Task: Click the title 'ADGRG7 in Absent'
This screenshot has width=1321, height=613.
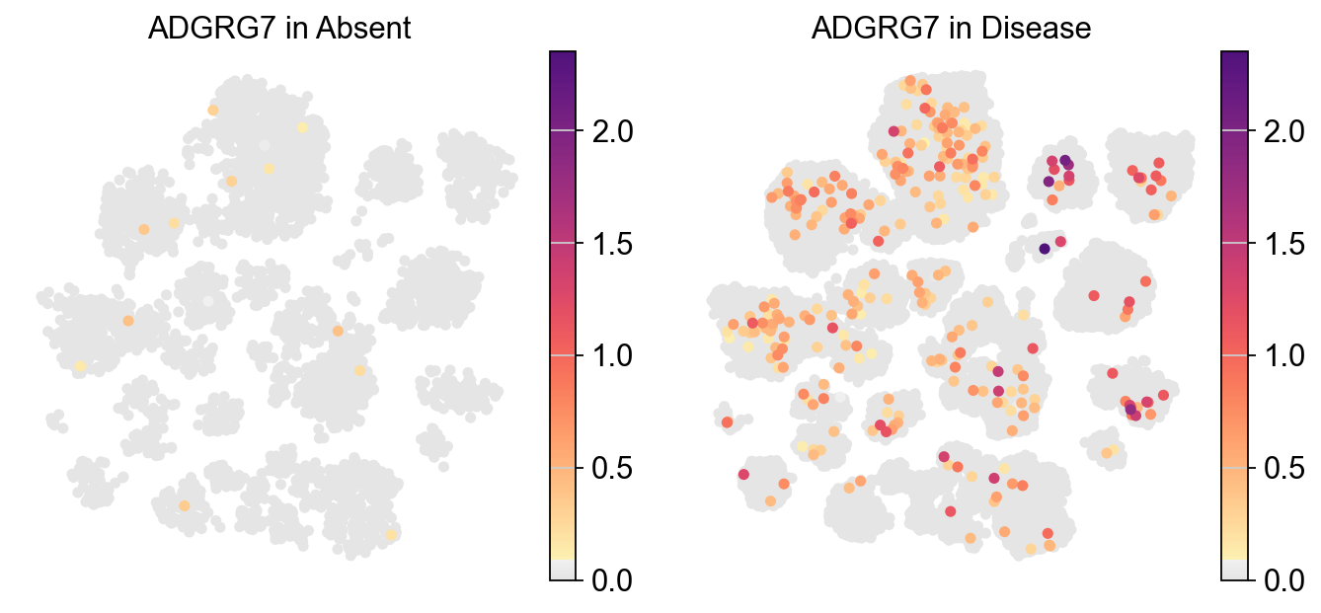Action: pos(279,30)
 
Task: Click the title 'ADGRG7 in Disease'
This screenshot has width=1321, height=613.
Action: pos(951,30)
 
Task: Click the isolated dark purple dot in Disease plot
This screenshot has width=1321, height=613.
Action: pos(1044,249)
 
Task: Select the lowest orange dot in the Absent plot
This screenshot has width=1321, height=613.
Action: pos(184,505)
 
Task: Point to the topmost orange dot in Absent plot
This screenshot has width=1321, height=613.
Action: pos(213,111)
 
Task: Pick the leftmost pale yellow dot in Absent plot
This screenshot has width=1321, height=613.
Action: pos(80,365)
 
